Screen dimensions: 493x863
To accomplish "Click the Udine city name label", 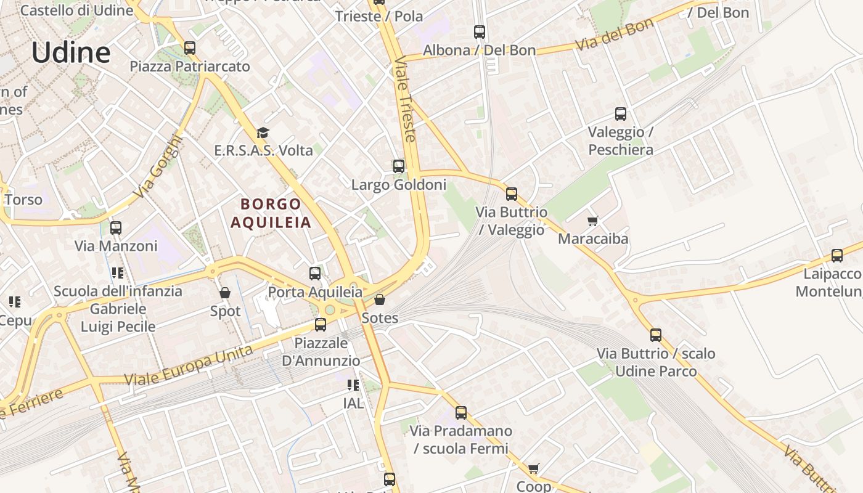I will [71, 52].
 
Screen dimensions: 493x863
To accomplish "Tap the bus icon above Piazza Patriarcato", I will [190, 47].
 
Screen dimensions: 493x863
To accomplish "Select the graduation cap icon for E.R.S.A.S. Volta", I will [263, 132].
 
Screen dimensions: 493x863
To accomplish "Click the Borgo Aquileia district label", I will [271, 213].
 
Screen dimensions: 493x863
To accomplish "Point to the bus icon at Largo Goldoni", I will [399, 166].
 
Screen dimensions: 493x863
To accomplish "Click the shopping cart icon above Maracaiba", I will [593, 221].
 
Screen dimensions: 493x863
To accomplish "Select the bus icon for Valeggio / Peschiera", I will [621, 114].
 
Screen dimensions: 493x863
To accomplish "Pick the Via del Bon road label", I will [614, 36].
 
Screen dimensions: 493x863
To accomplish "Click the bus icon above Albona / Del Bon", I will [480, 32].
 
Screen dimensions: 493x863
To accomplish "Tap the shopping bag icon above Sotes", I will [380, 300].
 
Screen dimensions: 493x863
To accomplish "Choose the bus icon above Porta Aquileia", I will [315, 273].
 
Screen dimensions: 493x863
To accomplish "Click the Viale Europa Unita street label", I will [189, 365].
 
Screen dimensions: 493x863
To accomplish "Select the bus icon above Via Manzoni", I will [116, 228].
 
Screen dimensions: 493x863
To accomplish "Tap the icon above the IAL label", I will [353, 385].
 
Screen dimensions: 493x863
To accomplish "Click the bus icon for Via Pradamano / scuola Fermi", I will [461, 413].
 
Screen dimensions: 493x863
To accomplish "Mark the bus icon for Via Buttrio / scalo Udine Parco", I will [656, 335].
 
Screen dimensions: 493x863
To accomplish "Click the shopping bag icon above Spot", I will [225, 293].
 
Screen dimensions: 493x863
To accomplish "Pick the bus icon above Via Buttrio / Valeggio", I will [512, 194].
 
